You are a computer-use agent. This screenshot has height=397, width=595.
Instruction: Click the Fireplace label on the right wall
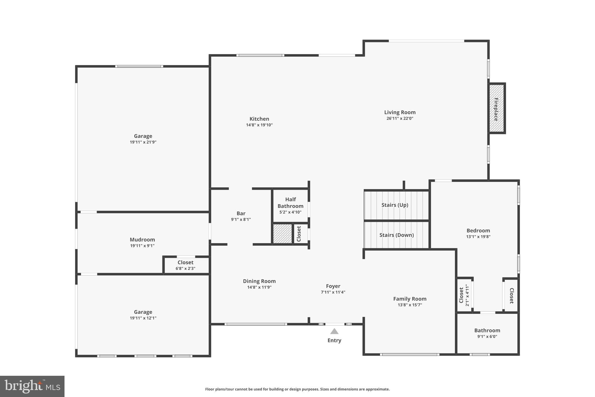coord(496,109)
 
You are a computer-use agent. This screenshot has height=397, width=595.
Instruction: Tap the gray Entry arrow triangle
coord(334,331)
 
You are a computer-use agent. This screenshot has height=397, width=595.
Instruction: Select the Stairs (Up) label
coord(395,205)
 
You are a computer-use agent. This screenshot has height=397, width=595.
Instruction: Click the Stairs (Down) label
coord(397,235)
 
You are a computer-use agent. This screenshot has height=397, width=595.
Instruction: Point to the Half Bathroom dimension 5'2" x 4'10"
coord(290,212)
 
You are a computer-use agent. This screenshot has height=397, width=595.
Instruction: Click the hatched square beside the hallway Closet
coord(282,234)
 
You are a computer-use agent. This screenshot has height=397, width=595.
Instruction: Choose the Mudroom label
coord(142,240)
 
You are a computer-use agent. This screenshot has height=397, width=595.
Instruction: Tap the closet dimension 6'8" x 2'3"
coord(185,268)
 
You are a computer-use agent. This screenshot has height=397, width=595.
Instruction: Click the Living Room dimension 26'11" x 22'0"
coord(400,118)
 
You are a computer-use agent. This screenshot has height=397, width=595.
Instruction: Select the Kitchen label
coord(259,119)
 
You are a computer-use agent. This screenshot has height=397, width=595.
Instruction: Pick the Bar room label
coord(241,213)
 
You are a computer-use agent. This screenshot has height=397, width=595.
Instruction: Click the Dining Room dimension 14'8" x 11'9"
coord(259,287)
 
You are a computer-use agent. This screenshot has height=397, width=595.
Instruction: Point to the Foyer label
coord(333,286)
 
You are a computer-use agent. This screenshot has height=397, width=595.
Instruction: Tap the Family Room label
coord(410,299)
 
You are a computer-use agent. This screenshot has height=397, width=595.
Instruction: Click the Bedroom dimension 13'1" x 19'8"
coord(478,237)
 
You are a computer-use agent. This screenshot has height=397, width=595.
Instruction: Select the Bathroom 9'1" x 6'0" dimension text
coord(487,337)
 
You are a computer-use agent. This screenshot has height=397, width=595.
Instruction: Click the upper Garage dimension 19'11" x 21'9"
coord(143,142)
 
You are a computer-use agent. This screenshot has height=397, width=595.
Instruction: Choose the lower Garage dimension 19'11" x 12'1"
coord(143,318)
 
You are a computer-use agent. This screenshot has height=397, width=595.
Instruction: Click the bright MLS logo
coord(32,386)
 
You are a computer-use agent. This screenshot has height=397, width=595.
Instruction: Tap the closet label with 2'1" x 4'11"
coord(461,295)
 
